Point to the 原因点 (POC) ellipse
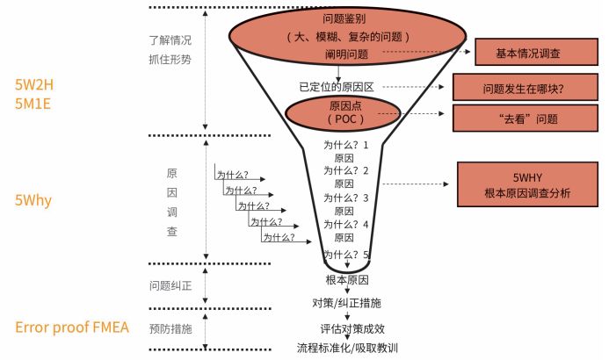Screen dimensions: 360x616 [344, 112]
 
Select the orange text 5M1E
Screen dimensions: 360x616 [34, 103]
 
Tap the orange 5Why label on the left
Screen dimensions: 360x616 [34, 200]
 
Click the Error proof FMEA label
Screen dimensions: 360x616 [72, 328]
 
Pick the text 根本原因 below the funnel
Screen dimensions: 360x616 [346, 280]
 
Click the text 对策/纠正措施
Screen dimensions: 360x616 [346, 304]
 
